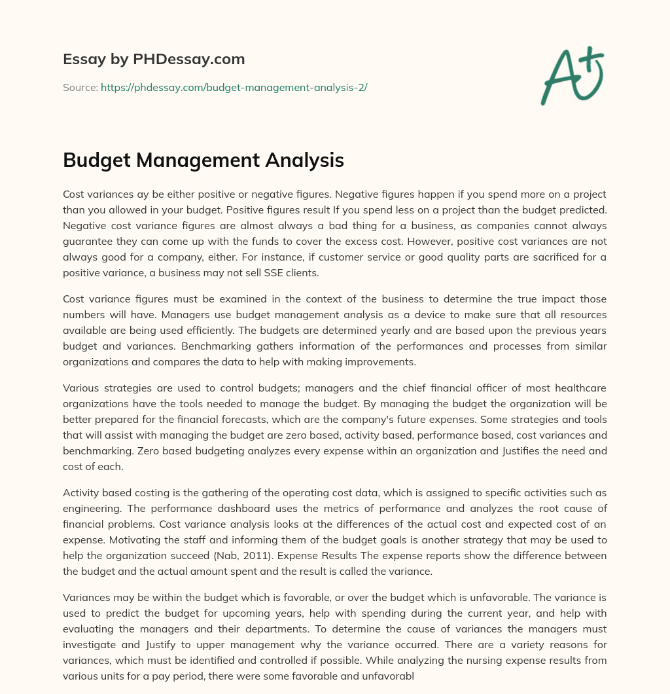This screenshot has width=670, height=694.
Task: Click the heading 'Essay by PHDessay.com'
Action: [x=154, y=60]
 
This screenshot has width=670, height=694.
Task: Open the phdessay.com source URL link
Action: [x=234, y=87]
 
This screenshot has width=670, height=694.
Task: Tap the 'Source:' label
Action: [x=80, y=87]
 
